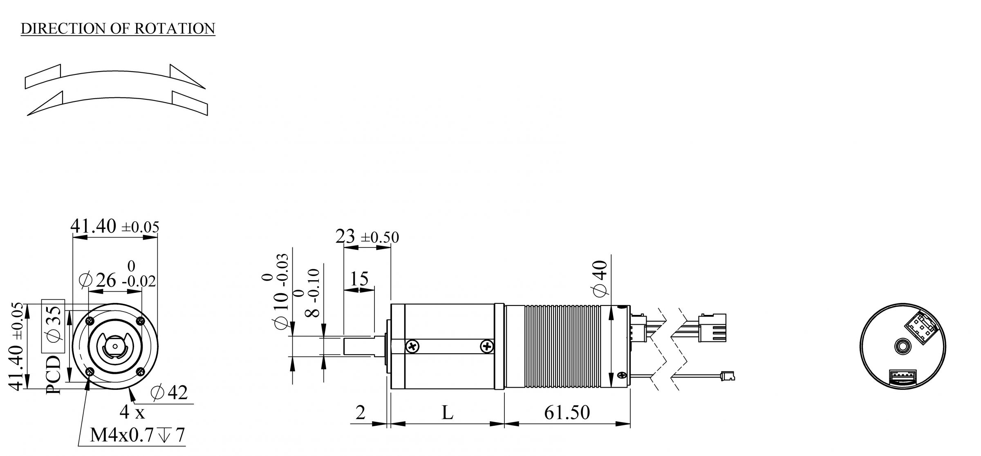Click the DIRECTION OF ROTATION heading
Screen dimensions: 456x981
118,28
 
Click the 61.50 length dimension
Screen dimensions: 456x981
567,413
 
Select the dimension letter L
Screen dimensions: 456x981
448,413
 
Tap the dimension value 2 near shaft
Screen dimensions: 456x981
360,413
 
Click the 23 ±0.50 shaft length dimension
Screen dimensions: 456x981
367,237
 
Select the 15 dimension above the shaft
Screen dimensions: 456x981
359,279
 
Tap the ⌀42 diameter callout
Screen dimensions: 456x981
169,393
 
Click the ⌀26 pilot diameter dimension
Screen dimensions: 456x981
116,280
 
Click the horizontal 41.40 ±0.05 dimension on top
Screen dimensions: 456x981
114,226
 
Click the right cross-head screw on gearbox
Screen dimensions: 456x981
486,347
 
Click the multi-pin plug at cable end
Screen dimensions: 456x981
712,328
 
